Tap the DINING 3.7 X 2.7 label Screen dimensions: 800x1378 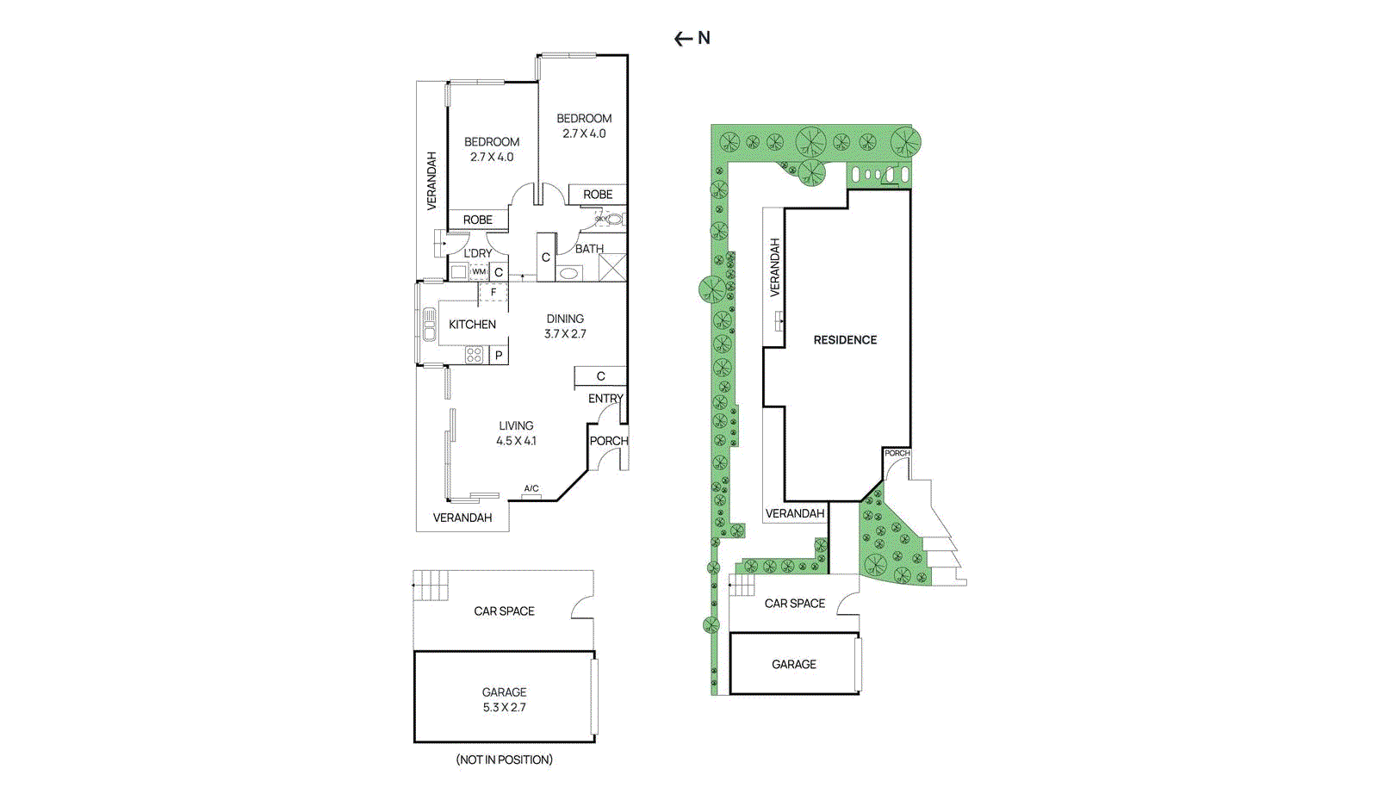tap(565, 326)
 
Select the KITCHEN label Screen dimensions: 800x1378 tap(472, 325)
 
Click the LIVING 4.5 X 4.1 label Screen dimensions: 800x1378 tap(516, 433)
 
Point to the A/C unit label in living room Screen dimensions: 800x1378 tap(531, 489)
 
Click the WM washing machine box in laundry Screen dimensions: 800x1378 tap(479, 272)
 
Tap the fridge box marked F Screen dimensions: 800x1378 tap(493, 292)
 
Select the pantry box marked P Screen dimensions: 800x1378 tap(499, 355)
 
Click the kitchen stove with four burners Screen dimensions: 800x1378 tap(474, 354)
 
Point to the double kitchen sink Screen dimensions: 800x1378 tap(429, 325)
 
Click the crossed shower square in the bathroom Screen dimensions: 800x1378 tap(612, 268)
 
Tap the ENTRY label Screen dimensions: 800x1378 tap(605, 399)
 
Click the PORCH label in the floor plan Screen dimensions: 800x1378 tap(608, 441)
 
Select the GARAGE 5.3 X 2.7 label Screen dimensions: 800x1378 tap(504, 699)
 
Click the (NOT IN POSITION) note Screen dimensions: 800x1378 tap(504, 760)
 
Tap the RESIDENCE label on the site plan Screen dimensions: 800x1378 tap(845, 340)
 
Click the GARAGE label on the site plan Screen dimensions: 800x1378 tap(793, 665)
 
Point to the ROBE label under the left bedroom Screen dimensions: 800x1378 tap(478, 220)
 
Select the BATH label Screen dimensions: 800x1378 tap(589, 249)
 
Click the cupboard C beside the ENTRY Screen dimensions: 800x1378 tap(600, 376)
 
